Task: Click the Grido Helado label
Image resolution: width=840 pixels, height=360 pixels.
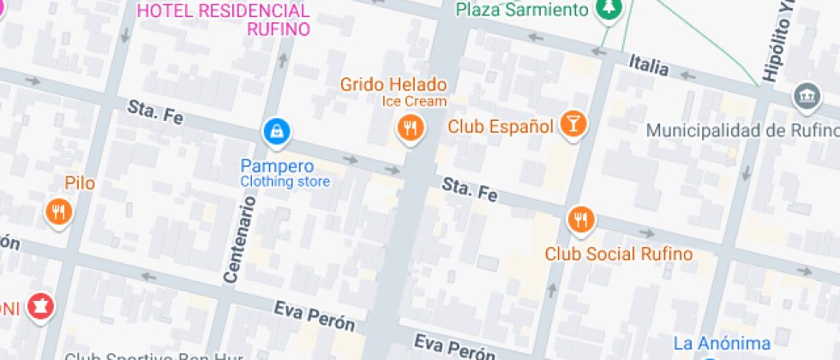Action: point(393,84)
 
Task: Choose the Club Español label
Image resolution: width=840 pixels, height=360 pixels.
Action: point(501,127)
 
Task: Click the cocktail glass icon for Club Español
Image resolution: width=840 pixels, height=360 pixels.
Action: point(572,124)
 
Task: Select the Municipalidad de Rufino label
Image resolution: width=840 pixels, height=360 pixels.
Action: point(742,130)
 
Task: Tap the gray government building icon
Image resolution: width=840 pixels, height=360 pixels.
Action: point(807,95)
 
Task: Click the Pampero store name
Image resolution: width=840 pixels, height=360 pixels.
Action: point(277,165)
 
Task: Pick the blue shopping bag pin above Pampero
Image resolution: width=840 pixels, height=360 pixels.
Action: point(277,131)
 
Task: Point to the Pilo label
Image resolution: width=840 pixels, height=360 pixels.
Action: point(80,183)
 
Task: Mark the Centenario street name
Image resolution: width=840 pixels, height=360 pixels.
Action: point(240,239)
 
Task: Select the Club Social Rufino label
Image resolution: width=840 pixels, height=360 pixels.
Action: point(619,254)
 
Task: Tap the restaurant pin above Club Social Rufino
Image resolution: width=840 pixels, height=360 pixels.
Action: point(581,219)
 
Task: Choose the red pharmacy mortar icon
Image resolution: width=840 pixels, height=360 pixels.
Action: point(39,306)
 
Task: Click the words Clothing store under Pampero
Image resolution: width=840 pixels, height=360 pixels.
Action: point(285,182)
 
